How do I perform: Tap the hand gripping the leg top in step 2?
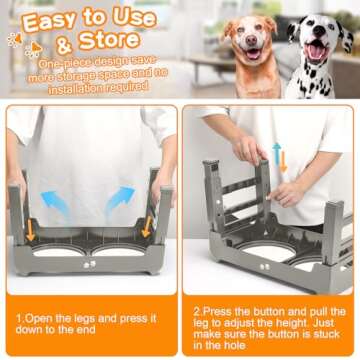tap(246, 150)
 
